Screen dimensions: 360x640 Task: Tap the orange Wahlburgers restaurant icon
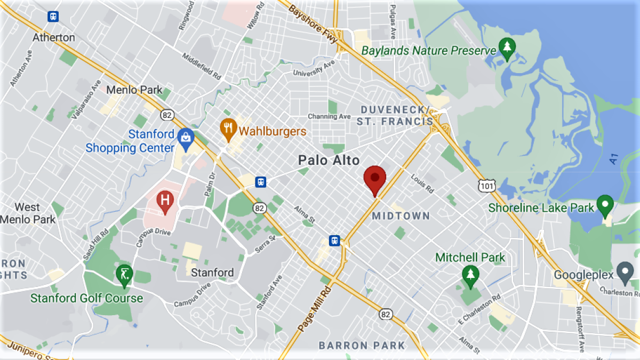[x=229, y=129]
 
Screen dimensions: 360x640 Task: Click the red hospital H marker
[x=165, y=201]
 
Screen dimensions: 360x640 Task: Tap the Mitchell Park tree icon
[x=470, y=275]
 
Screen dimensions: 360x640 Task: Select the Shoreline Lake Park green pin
[x=604, y=204]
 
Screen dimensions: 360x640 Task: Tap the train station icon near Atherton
[x=53, y=16]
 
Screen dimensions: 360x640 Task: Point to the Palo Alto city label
[x=329, y=160]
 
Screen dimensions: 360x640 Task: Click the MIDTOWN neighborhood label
[x=401, y=216]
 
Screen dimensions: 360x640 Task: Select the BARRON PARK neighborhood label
[x=362, y=346]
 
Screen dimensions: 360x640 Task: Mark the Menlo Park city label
[x=134, y=90]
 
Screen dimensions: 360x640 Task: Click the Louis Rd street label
[x=423, y=184]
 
